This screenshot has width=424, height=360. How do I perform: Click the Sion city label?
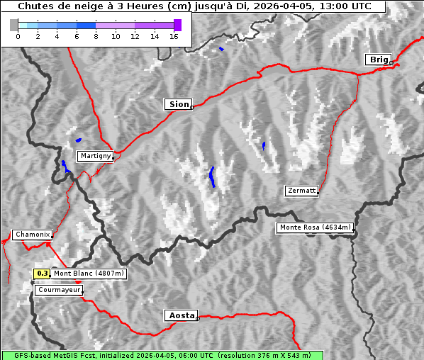[179, 104]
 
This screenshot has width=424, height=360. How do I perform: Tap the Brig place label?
[377, 60]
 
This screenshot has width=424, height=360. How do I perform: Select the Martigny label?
[95, 156]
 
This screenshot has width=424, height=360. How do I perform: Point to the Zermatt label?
[301, 191]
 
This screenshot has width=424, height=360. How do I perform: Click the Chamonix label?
[32, 235]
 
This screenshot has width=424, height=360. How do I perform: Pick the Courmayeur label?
[59, 290]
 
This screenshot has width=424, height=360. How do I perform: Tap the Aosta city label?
[180, 315]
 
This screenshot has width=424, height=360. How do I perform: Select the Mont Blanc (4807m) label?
[89, 273]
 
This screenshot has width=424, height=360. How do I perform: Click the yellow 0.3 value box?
[43, 273]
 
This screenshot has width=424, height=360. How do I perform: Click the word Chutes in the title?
[35, 6]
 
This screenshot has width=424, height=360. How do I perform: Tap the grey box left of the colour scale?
[14, 25]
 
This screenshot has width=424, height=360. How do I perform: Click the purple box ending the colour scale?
[177, 25]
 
